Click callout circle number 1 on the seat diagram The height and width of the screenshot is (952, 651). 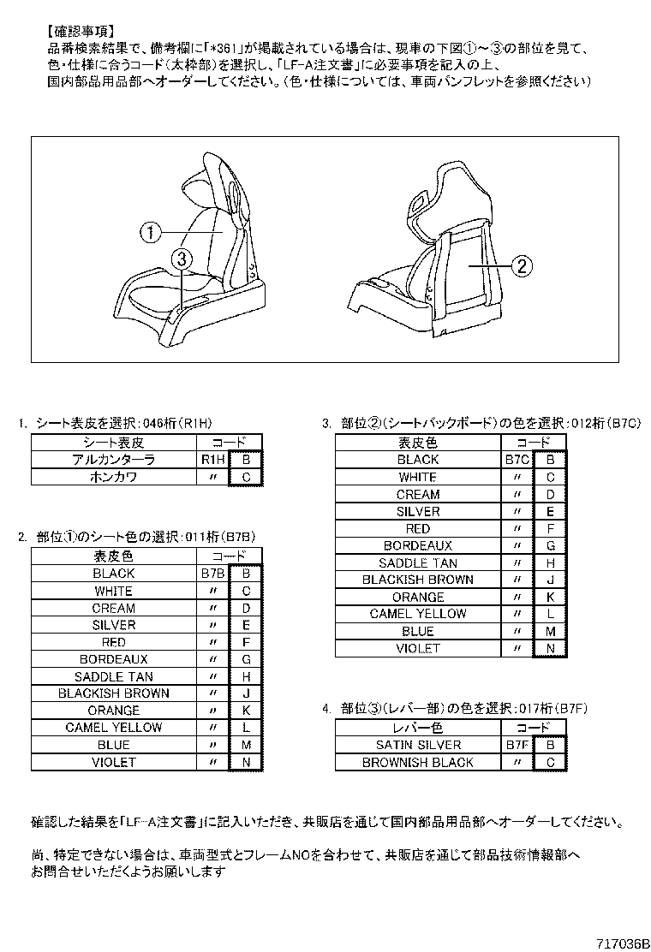150,232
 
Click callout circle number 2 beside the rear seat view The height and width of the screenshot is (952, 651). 523,266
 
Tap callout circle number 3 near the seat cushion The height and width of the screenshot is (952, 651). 181,260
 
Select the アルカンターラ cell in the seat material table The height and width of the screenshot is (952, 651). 114,460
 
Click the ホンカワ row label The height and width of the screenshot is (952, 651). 114,477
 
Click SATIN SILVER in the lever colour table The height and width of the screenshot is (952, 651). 418,744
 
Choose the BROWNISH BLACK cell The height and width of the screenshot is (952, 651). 418,762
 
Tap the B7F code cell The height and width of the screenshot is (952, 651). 517,744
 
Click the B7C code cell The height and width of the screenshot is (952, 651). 517,460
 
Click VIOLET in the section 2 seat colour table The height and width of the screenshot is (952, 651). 114,762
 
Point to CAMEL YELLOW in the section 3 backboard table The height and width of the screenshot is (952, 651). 418,614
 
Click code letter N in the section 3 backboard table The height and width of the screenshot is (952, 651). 550,648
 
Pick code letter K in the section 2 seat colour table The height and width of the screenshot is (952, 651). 246,711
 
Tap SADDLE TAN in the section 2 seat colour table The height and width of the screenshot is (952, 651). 114,676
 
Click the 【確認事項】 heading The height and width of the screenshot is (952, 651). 81,31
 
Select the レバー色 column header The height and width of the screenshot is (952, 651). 418,728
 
